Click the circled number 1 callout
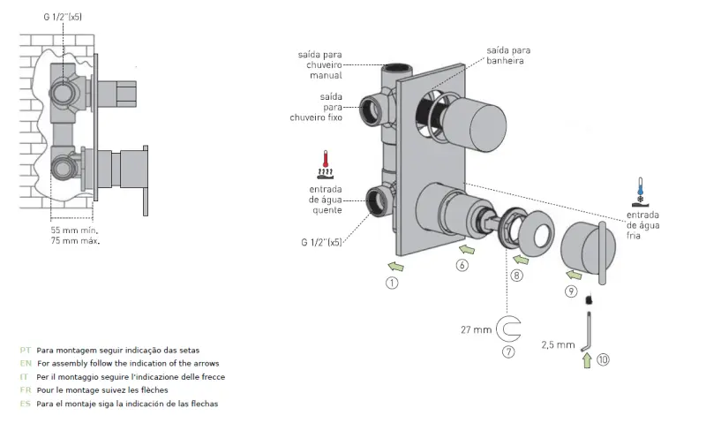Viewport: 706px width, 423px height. coord(392,283)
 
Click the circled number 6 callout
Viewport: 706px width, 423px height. coord(462,264)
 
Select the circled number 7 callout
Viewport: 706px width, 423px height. coord(507,351)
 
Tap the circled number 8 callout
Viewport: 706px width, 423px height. coord(517,276)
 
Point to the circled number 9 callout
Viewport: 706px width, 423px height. coord(571,291)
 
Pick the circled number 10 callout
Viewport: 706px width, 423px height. coord(603,359)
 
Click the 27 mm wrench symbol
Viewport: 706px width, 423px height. coord(508,329)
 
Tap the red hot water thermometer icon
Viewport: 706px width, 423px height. coord(327,164)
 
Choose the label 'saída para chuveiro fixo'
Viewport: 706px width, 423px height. coord(317,106)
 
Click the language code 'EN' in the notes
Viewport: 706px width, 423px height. coord(25,364)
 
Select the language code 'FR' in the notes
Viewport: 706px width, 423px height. coord(25,390)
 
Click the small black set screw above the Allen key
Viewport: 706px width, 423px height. coord(587,299)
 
